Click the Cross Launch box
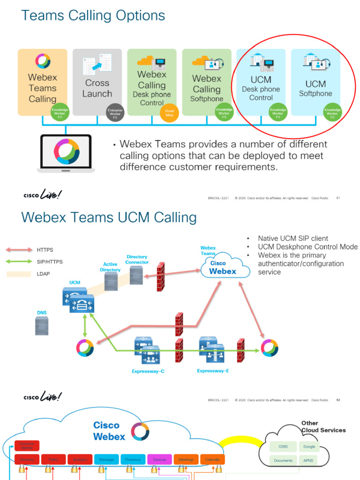(97, 82)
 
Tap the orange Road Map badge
(169, 112)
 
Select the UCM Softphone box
(315, 82)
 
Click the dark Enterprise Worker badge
(115, 112)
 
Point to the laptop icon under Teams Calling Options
(66, 153)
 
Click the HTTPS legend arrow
(19, 249)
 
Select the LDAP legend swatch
(19, 274)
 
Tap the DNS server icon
(42, 325)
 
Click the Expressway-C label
(148, 371)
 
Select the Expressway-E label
(213, 371)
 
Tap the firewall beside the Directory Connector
(161, 277)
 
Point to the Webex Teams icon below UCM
(85, 348)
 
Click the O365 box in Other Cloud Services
(283, 447)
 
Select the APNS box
(308, 460)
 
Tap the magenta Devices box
(159, 459)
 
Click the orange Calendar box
(212, 459)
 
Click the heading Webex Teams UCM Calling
(109, 217)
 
